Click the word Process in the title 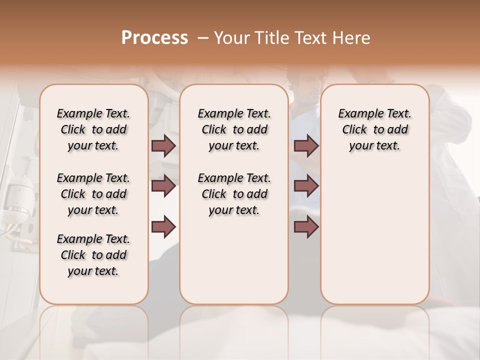pos(154,38)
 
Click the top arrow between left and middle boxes pos(163,146)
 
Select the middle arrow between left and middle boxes pos(163,186)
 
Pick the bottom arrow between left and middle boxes pos(163,226)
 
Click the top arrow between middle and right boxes pos(306,146)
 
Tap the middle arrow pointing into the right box pos(306,186)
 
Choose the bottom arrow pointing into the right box pos(306,226)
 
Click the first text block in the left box pos(93,129)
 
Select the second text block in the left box pos(93,194)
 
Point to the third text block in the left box pos(93,255)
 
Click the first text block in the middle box pos(234,129)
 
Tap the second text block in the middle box pos(234,194)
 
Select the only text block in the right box pos(374,129)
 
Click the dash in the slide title pos(203,38)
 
